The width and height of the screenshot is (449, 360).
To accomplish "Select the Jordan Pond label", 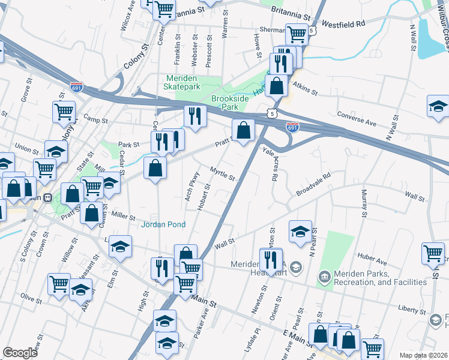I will (x=163, y=224).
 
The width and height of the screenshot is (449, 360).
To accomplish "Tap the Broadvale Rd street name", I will (x=313, y=185).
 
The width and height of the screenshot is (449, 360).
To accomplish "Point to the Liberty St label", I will (x=411, y=310).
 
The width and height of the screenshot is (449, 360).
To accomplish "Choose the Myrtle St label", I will (x=222, y=174).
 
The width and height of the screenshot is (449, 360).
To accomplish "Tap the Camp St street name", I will (x=95, y=121).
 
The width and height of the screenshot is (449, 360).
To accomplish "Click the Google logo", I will (x=20, y=353).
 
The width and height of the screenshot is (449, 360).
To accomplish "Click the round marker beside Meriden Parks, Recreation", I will (x=324, y=276).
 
